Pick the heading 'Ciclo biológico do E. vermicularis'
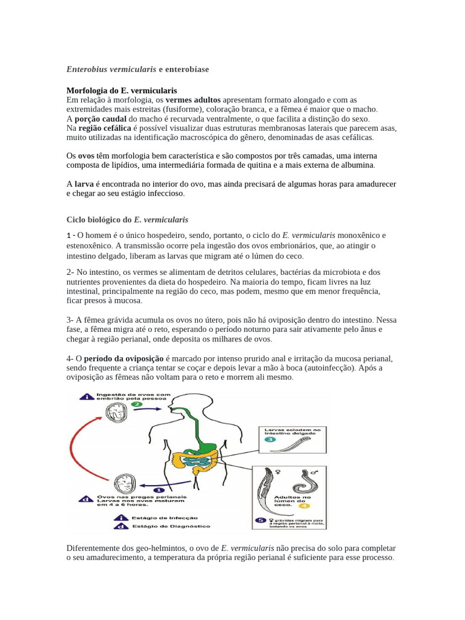[x=127, y=219]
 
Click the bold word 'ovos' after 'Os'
[x=86, y=156]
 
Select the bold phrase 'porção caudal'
[x=100, y=119]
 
